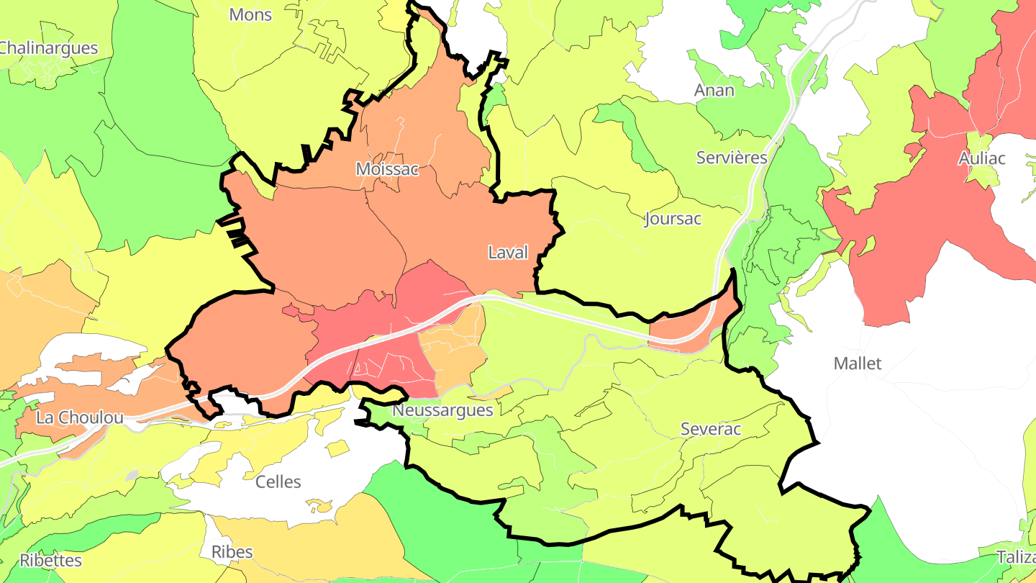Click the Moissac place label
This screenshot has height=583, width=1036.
click(386, 169)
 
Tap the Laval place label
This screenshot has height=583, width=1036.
click(508, 253)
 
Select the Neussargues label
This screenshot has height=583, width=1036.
click(442, 410)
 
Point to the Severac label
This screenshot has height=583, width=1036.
click(711, 429)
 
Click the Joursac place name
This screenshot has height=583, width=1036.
click(673, 219)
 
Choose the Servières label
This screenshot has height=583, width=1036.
click(732, 158)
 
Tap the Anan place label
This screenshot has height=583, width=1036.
click(714, 91)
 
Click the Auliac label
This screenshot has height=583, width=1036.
click(981, 159)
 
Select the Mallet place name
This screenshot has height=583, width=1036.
click(857, 363)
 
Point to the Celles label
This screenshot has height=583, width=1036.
click(278, 482)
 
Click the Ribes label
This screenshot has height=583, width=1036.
click(232, 552)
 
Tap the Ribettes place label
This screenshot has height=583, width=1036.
click(50, 560)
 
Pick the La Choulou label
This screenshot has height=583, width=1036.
click(79, 417)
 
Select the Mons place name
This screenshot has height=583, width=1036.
click(250, 14)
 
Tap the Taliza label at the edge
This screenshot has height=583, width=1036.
click(1016, 556)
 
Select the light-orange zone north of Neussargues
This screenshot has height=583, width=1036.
click(450, 353)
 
